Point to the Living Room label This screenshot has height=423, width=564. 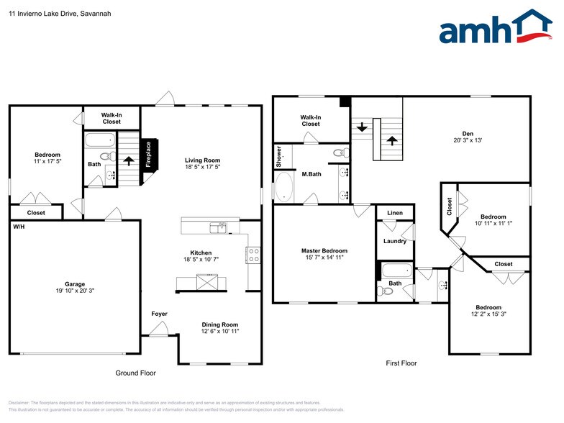(x=202, y=160)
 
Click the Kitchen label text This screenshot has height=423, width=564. (x=201, y=253)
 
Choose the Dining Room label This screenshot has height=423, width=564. (x=219, y=324)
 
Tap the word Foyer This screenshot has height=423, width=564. (x=159, y=314)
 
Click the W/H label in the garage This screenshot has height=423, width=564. (x=18, y=226)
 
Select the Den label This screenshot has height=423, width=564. (x=467, y=133)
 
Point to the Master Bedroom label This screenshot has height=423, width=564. (x=324, y=251)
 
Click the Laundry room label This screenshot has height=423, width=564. (x=395, y=241)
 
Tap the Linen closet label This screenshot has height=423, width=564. (x=395, y=214)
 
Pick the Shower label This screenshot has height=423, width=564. (x=279, y=157)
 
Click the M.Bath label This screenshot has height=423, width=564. (x=311, y=174)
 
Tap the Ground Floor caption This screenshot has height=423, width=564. (x=136, y=373)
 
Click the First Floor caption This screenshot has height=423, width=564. (x=401, y=363)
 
